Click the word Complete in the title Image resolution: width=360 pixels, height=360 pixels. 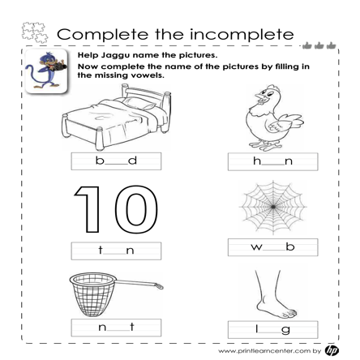coord(103,35)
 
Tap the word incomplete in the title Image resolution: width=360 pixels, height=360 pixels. coord(242,35)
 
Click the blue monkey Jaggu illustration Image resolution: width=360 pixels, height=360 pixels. coord(46,71)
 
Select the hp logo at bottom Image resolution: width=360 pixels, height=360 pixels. coord(332,350)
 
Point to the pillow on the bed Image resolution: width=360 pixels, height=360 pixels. coord(139,104)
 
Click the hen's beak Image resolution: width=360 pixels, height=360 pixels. coord(259,97)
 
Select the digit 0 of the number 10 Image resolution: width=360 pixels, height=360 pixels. coord(136,209)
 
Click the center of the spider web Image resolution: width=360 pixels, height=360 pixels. coord(273,207)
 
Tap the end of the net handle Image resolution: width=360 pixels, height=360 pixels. coord(160,285)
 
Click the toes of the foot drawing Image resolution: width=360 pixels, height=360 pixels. coord(289,314)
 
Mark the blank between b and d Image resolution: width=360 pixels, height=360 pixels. coord(116,165)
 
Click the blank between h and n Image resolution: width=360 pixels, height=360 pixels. coord(273,165)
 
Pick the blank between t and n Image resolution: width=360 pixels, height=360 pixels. coord(114,254)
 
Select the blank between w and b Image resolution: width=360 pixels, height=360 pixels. coord(274,251)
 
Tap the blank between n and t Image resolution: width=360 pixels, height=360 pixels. coord(118,331)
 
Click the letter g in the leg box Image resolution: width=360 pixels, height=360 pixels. coord(285,330)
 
